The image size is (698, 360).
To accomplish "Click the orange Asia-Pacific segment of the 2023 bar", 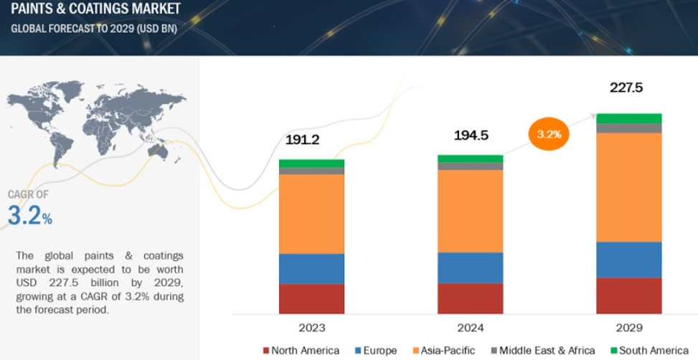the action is [311, 214].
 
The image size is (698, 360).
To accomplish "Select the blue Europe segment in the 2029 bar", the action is [629, 260].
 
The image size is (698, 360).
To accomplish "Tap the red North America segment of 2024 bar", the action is [471, 298].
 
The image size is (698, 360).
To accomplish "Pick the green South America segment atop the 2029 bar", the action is [629, 118].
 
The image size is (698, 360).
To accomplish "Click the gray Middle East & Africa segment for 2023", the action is [311, 171].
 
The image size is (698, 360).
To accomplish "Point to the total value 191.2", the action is [302, 140].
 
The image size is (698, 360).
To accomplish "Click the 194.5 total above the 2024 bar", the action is [471, 136].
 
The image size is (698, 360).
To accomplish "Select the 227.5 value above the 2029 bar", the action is [626, 87].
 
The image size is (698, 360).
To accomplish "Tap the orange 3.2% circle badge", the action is [548, 134].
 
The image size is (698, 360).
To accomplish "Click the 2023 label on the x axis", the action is [311, 328].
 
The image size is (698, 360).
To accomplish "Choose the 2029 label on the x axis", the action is [629, 328].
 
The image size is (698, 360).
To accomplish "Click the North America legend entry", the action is [301, 351].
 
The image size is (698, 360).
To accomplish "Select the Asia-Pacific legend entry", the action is [444, 351].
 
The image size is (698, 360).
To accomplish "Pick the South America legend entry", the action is [649, 351].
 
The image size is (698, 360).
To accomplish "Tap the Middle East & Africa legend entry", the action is [543, 351].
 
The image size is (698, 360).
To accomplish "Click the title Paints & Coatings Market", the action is [95, 9].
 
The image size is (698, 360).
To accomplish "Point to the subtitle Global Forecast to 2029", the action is [94, 29].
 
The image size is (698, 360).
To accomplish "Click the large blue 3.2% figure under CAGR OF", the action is [30, 215].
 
